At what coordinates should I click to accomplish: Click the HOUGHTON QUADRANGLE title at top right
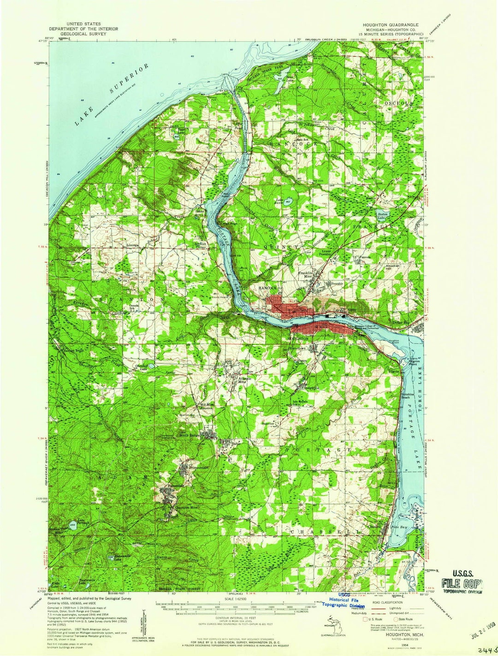[391, 24]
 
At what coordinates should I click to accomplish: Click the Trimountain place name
[199, 468]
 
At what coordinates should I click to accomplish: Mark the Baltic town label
[236, 443]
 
